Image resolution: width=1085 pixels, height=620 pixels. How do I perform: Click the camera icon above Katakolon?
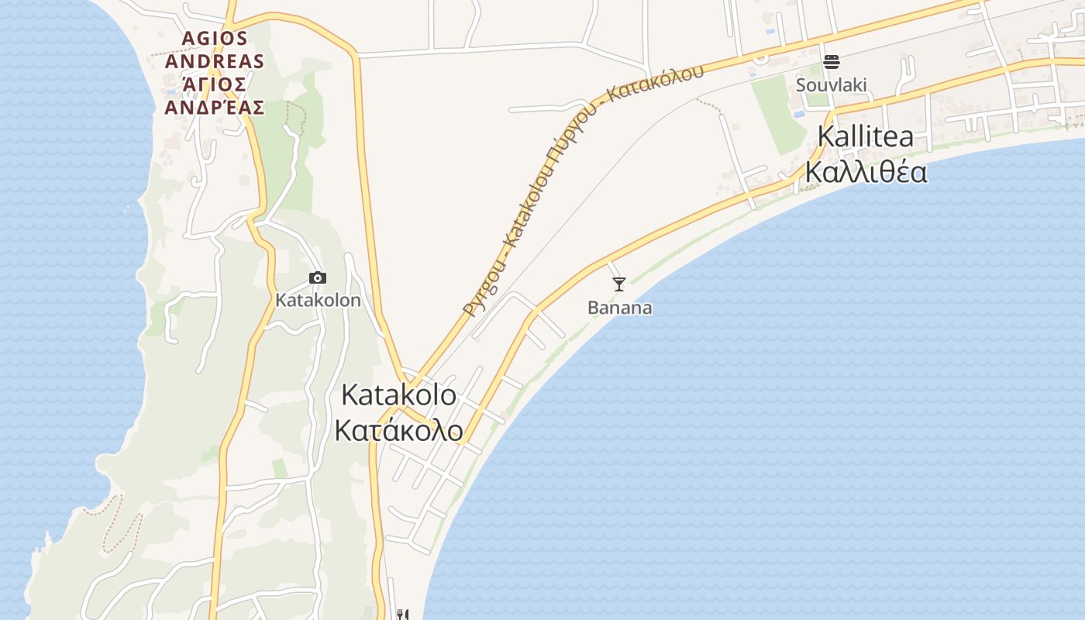click(x=317, y=278)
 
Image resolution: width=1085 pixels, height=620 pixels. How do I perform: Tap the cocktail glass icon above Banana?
click(x=618, y=284)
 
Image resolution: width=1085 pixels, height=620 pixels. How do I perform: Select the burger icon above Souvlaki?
click(x=832, y=61)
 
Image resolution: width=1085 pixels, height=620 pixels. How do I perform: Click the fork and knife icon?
click(x=402, y=615)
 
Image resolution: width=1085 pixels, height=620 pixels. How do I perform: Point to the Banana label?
click(x=619, y=308)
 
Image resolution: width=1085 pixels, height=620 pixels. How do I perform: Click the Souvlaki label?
click(x=831, y=84)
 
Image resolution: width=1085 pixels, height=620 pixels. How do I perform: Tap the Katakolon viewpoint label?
click(x=318, y=300)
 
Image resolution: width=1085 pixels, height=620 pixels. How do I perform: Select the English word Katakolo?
click(x=398, y=395)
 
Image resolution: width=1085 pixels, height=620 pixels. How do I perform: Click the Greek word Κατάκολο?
click(x=398, y=431)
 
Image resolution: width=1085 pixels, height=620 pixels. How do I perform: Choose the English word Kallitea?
click(x=865, y=137)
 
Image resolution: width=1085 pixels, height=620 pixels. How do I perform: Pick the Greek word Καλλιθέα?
click(x=865, y=172)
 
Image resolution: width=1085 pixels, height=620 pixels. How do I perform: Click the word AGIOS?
click(x=215, y=38)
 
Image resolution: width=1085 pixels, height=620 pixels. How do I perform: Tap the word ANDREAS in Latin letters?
click(x=215, y=61)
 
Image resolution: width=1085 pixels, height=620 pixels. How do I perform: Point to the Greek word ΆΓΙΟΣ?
click(x=215, y=84)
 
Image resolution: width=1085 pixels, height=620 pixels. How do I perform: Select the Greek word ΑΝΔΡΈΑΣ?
click(x=215, y=107)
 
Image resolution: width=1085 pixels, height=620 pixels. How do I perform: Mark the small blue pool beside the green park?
click(x=799, y=114)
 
